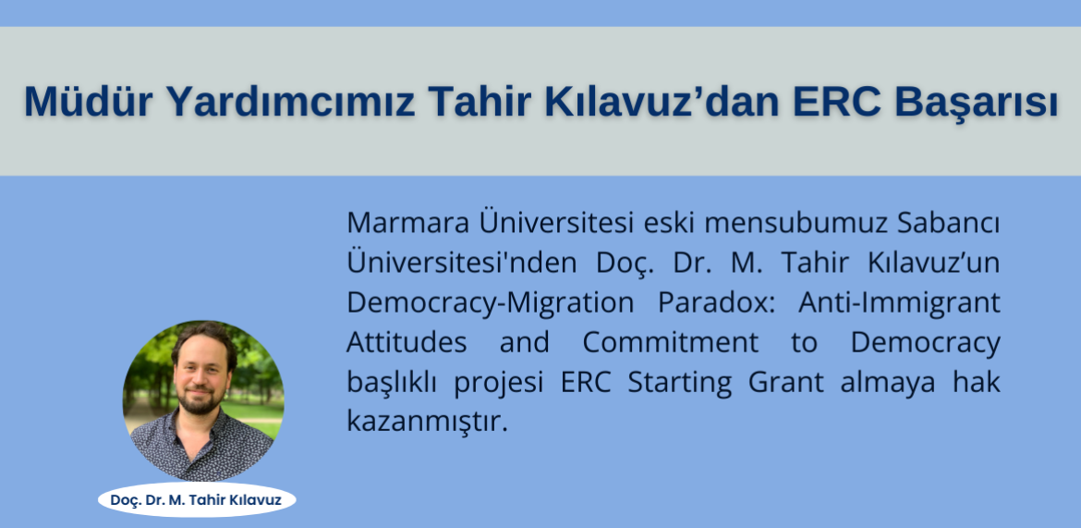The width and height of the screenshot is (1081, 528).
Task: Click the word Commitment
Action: point(670,343)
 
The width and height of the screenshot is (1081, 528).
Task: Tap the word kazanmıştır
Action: point(427,423)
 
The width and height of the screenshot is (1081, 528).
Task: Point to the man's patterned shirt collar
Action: point(200,429)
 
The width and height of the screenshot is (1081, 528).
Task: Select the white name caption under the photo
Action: point(197,499)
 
